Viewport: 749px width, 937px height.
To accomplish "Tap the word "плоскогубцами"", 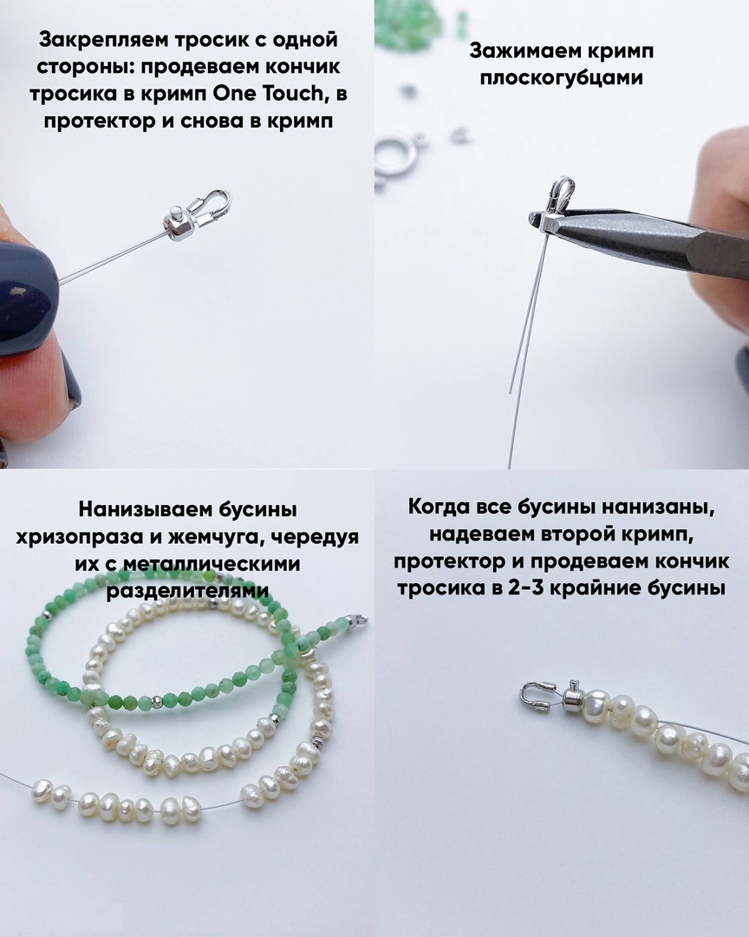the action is click(x=562, y=78).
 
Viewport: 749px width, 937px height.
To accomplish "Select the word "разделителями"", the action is click(x=187, y=591).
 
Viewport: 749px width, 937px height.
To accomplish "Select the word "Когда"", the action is click(x=440, y=507).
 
